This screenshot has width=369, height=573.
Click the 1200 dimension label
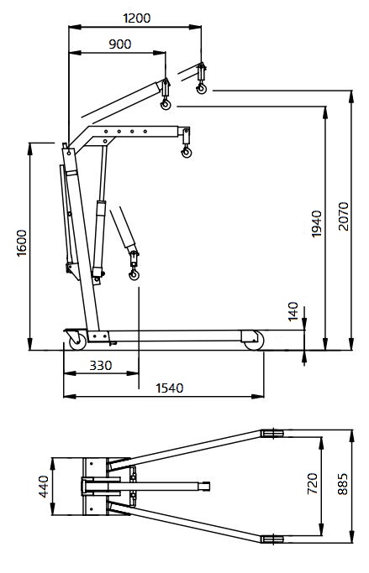click(x=136, y=18)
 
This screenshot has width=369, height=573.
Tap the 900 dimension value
click(x=119, y=44)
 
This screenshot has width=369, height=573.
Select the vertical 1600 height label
click(x=22, y=243)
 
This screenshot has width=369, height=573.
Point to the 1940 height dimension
click(x=316, y=224)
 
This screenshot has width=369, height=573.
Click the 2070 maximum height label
click(x=344, y=216)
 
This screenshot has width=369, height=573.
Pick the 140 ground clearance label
click(x=293, y=311)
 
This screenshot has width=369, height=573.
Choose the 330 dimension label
click(x=101, y=365)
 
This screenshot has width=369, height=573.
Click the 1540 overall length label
click(x=170, y=388)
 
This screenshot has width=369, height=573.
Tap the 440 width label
click(x=44, y=487)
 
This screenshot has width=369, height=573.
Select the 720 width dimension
click(x=312, y=483)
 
